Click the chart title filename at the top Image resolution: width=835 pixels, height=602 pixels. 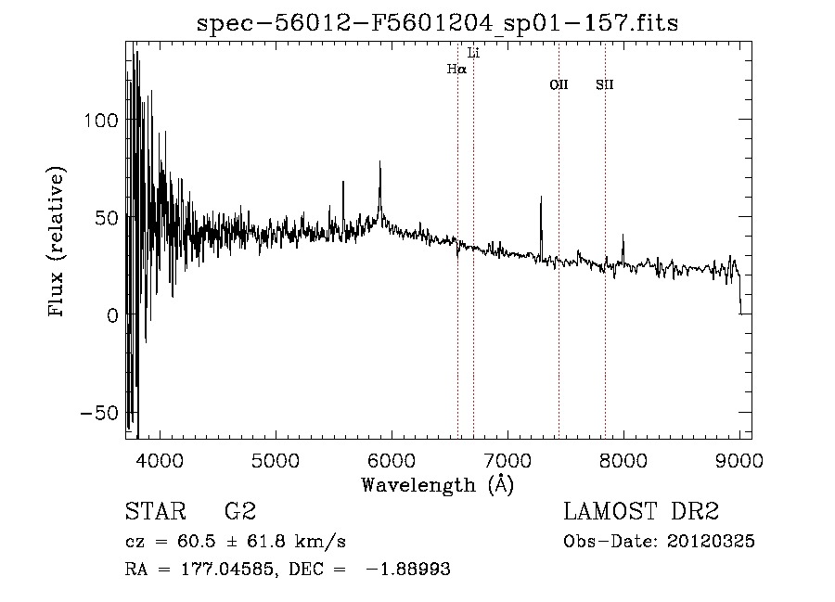point(438,23)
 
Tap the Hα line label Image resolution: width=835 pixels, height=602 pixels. point(456,69)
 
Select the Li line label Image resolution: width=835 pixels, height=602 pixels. point(473,53)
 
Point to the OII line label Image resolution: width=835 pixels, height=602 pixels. point(559,85)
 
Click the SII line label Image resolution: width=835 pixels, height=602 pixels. point(605,85)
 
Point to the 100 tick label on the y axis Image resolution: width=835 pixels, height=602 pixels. point(101,121)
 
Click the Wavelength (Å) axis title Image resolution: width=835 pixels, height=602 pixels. point(438,484)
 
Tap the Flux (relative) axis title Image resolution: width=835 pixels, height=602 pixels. point(58,243)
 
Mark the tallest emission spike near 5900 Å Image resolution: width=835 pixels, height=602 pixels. point(379,163)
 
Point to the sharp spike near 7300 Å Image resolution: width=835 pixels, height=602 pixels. point(541,198)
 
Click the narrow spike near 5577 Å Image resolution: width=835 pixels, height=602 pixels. point(342,183)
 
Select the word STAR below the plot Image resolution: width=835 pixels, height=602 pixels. point(155,512)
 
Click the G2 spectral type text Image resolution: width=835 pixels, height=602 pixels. point(239,512)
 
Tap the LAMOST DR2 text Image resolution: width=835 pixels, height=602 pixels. point(641,512)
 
